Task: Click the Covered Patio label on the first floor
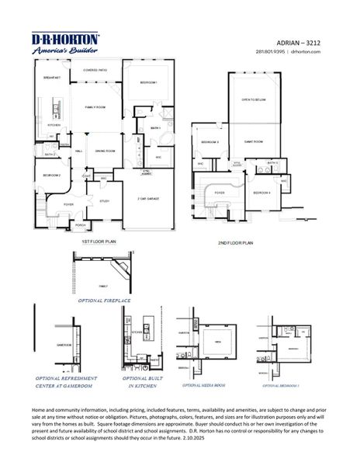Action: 95,70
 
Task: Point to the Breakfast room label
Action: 52,78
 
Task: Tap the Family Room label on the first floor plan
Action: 95,107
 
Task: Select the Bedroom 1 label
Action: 149,82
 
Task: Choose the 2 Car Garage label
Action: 148,199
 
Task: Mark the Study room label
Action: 104,201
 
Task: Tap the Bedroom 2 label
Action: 51,176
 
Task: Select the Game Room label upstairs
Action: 252,142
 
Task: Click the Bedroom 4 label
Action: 261,192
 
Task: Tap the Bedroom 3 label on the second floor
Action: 210,143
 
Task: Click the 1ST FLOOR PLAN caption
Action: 99,243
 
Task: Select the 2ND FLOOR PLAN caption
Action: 236,243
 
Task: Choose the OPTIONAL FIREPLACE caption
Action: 105,298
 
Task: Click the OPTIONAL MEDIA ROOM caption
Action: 203,384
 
